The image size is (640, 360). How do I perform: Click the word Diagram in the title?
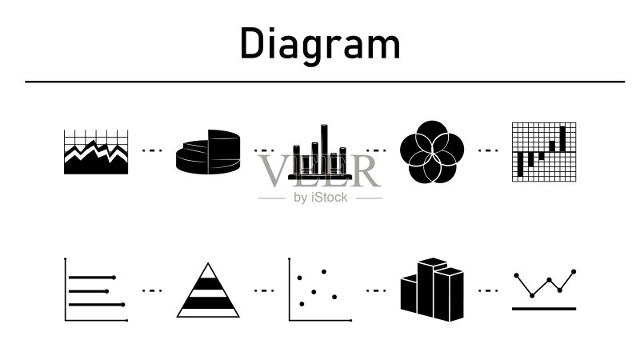pyautogui.click(x=321, y=45)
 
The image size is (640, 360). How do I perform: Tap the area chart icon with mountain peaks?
pyautogui.click(x=96, y=152)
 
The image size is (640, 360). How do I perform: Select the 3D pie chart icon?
pyautogui.click(x=208, y=152)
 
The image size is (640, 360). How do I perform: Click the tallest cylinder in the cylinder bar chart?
pyautogui.click(x=324, y=150)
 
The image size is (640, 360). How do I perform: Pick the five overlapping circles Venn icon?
pyautogui.click(x=432, y=152)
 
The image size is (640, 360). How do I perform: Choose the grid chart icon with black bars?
pyautogui.click(x=544, y=152)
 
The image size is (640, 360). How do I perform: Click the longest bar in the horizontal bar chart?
pyautogui.click(x=97, y=305)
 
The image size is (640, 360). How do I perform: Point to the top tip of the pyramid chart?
pyautogui.click(x=208, y=263)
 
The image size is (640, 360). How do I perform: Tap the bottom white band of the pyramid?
pyautogui.click(x=208, y=312)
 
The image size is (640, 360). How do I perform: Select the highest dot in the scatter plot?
pyautogui.click(x=324, y=271)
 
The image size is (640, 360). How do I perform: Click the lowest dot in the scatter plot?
pyautogui.click(x=302, y=304)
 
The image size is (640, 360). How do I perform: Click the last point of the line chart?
pyautogui.click(x=574, y=271)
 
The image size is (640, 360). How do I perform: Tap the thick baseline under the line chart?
pyautogui.click(x=544, y=309)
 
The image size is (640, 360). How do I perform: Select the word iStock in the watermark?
pyautogui.click(x=329, y=198)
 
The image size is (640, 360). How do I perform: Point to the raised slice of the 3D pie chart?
pyautogui.click(x=224, y=148)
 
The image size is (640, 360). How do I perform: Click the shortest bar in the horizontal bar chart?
pyautogui.click(x=89, y=291)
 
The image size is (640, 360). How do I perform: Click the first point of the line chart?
pyautogui.click(x=516, y=275)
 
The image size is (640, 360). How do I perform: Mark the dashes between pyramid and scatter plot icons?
pyautogui.click(x=264, y=290)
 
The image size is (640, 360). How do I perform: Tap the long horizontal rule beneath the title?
pyautogui.click(x=325, y=82)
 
